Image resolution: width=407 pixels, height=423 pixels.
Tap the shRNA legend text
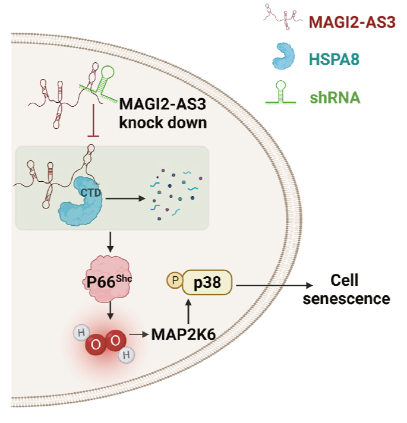(335, 97)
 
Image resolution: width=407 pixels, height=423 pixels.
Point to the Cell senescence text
(346, 289)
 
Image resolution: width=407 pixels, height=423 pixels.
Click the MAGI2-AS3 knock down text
(163, 113)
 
